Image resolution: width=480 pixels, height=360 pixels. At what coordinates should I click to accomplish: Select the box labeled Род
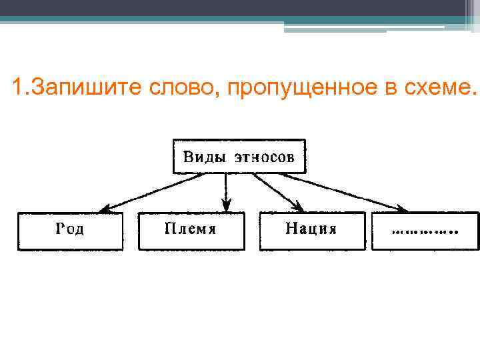pyautogui.click(x=71, y=231)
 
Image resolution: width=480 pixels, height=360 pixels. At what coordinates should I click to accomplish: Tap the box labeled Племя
pyautogui.click(x=191, y=231)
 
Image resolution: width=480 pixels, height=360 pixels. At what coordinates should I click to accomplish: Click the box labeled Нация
pyautogui.click(x=312, y=231)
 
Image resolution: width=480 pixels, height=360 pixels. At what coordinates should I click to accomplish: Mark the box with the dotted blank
pyautogui.click(x=425, y=231)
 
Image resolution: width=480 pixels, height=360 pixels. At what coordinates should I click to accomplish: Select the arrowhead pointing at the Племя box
pyautogui.click(x=227, y=204)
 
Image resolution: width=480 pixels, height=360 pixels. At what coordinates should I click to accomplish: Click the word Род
pyautogui.click(x=70, y=229)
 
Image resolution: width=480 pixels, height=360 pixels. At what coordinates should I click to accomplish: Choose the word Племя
pyautogui.click(x=190, y=229)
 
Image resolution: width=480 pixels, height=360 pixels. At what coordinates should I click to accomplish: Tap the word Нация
pyautogui.click(x=311, y=229)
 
